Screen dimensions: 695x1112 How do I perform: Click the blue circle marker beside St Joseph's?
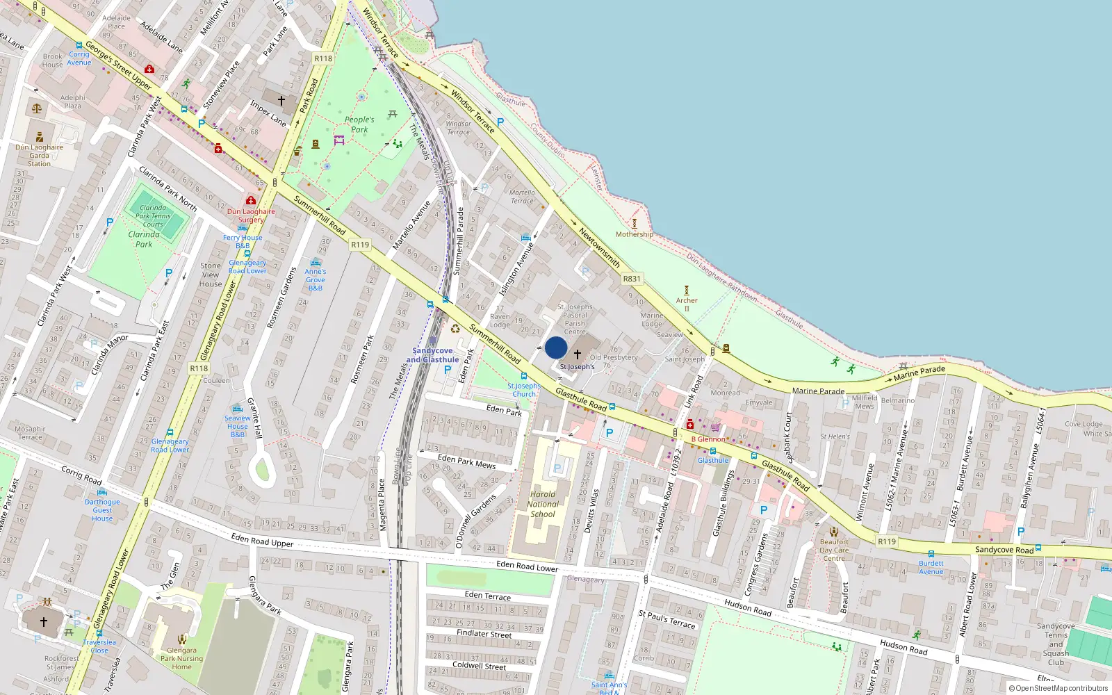556,347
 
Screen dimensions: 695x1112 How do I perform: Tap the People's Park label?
359,124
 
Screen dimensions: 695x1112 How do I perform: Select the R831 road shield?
632,279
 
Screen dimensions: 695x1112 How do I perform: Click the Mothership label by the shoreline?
634,234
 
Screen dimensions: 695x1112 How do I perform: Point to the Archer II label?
687,304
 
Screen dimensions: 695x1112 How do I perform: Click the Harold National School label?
543,505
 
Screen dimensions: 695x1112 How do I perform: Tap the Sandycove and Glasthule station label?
432,355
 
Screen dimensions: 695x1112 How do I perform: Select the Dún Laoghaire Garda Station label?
39,155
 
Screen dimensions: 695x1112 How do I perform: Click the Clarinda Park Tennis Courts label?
153,215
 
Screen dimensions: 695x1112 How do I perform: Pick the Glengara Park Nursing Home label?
181,658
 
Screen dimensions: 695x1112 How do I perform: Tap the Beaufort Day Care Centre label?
834,550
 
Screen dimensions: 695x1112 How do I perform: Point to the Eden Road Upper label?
262,540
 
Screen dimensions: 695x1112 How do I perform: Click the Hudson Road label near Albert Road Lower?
903,647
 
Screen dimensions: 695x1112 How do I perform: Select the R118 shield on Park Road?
323,58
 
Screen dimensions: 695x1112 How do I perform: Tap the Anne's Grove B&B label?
316,279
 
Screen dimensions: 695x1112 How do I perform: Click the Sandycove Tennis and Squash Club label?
1056,644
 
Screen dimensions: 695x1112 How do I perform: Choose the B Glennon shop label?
708,439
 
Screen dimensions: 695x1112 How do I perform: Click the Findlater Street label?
484,634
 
